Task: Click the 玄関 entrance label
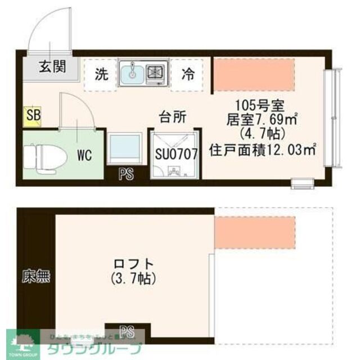(x=52, y=66)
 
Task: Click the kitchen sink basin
(x=132, y=73)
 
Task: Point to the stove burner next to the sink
(x=156, y=73)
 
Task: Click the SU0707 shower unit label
(x=176, y=154)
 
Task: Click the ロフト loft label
(x=133, y=263)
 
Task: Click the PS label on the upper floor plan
(x=127, y=174)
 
